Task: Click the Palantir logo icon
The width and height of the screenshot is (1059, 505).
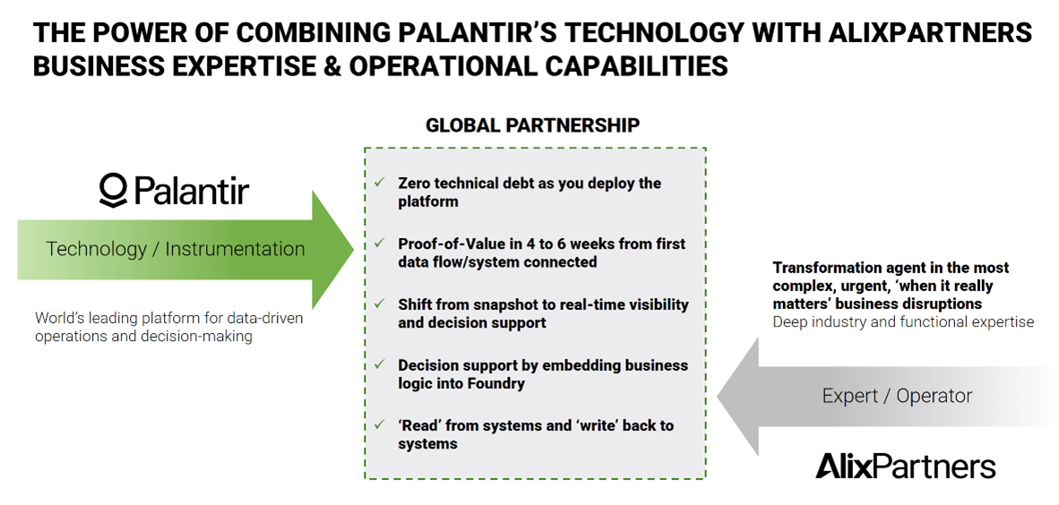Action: [114, 191]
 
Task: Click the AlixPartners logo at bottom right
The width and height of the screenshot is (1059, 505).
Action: [905, 466]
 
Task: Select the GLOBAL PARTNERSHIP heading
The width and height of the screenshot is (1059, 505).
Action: [532, 125]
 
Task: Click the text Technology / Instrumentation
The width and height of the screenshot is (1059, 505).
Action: [176, 249]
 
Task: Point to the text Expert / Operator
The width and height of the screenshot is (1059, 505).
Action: [897, 396]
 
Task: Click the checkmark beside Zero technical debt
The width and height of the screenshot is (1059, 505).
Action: [380, 183]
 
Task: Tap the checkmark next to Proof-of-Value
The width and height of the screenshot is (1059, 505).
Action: [380, 244]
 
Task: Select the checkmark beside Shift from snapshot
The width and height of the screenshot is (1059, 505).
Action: [380, 304]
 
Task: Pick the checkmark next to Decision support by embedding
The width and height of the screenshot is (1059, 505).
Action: [380, 365]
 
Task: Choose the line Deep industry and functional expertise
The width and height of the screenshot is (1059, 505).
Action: [903, 321]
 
